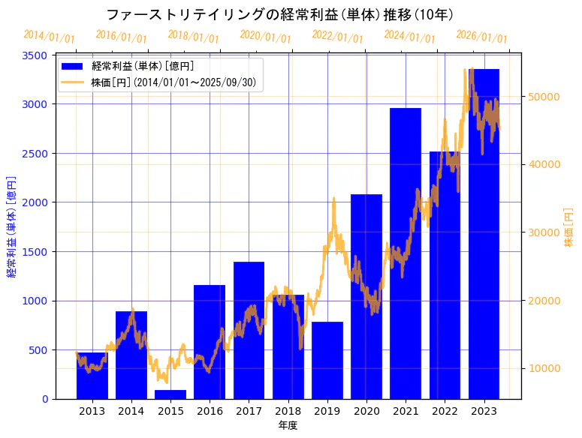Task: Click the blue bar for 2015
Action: pos(170,394)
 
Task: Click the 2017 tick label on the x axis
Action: pos(249,411)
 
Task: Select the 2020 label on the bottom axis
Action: pos(366,411)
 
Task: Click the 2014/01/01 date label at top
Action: pos(50,36)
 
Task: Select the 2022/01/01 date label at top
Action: pos(337,36)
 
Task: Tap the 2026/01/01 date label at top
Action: pos(481,37)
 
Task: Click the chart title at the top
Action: pos(279,15)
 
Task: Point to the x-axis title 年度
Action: pos(288,425)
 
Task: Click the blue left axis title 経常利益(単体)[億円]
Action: pos(11,227)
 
